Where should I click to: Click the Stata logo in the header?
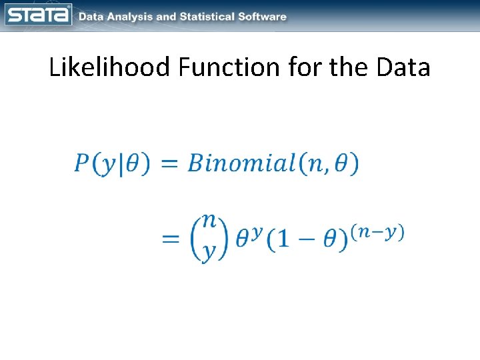pos(38,15)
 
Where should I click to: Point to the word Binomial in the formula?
pos(241,163)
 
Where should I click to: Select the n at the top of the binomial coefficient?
pos(209,220)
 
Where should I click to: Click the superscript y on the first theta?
pos(257,229)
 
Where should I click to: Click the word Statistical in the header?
pos(206,17)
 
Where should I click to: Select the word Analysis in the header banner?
pos(127,17)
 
